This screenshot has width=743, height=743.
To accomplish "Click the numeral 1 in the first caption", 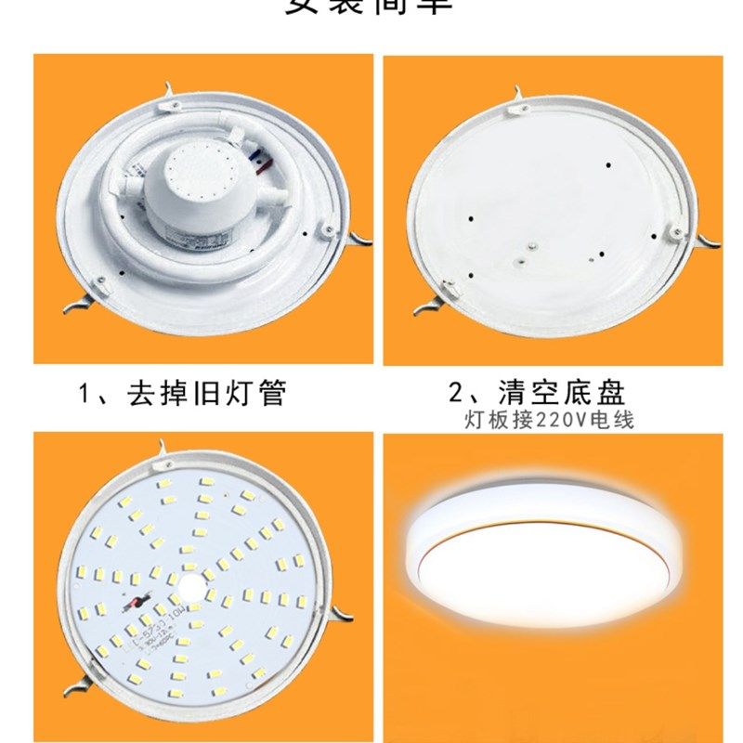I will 85,393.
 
